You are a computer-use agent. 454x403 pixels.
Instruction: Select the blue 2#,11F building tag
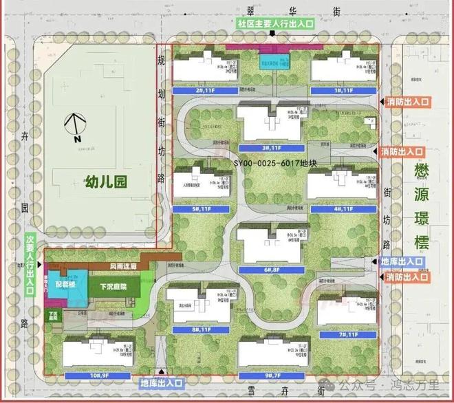tap(203, 90)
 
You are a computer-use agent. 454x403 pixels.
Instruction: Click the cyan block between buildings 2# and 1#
tap(272, 64)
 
